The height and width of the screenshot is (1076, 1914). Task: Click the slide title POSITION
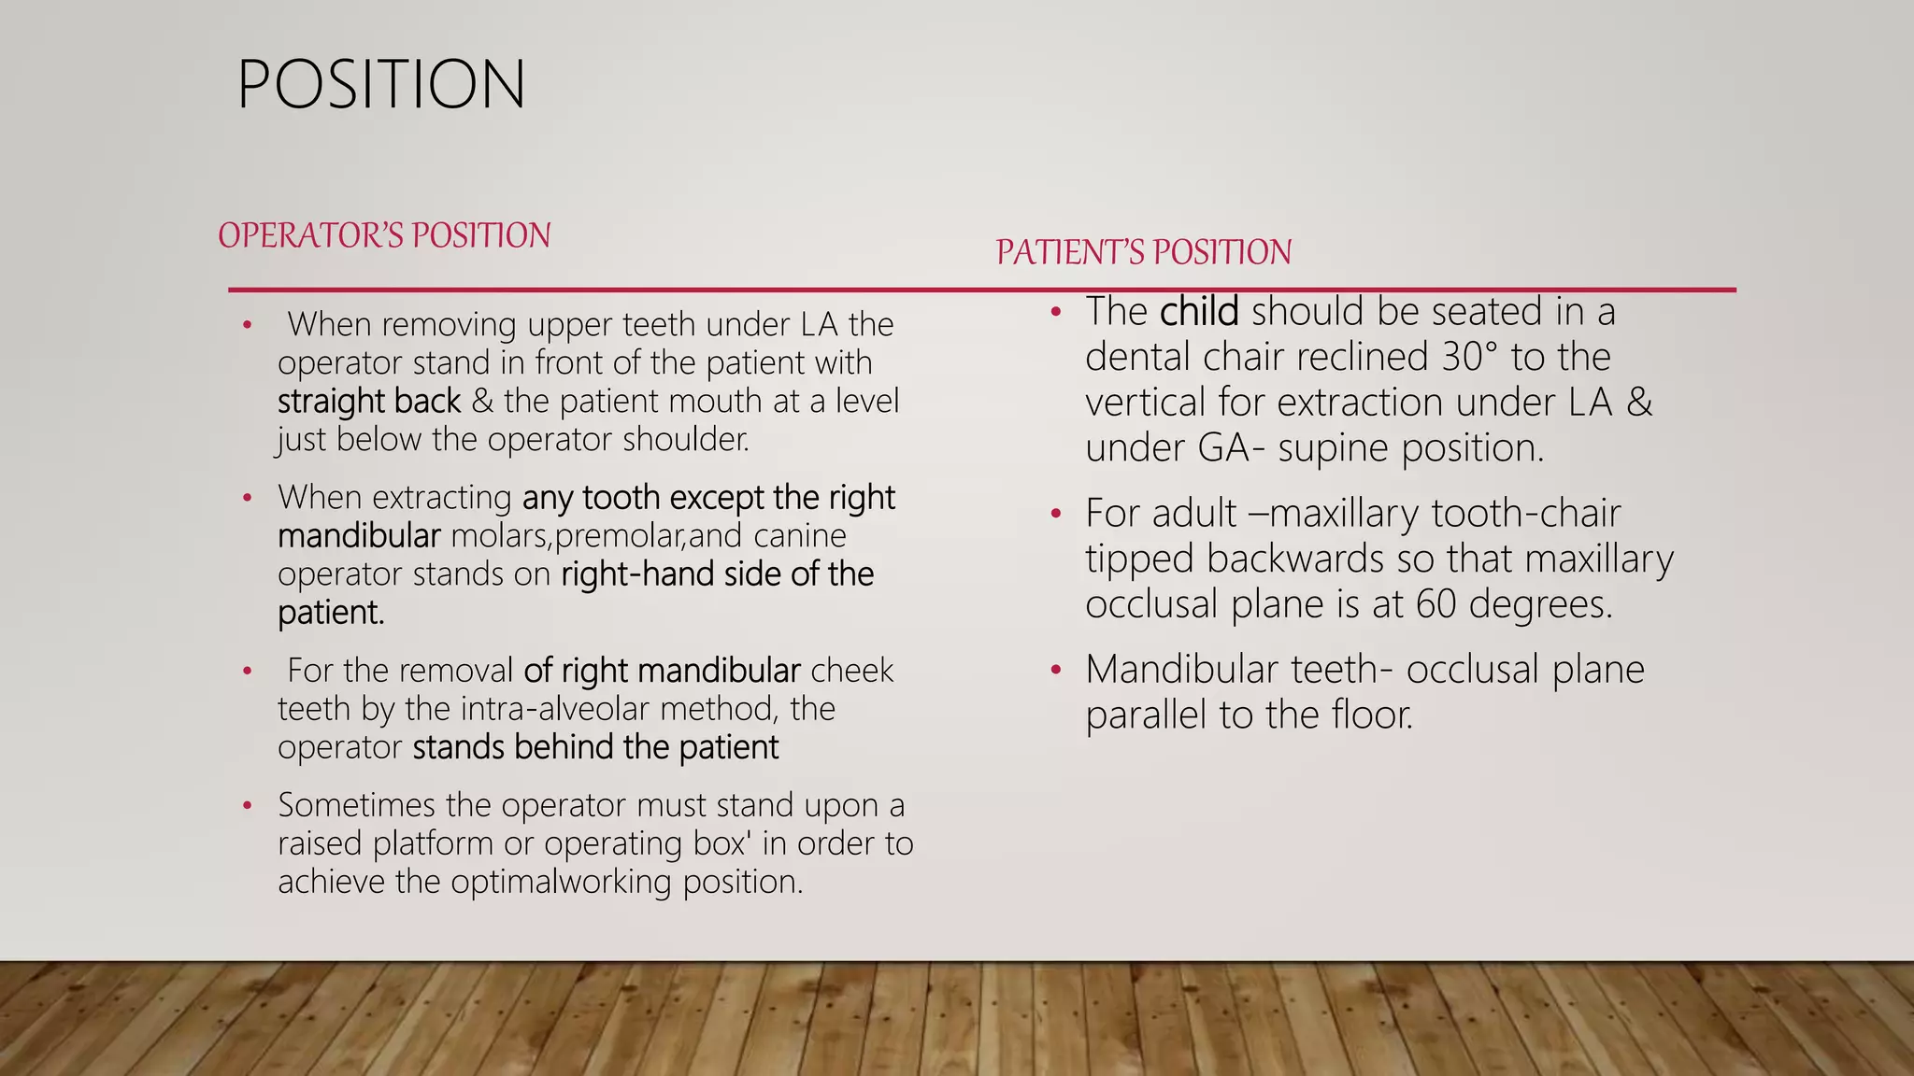(381, 85)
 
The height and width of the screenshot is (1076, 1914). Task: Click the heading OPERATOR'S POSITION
(384, 235)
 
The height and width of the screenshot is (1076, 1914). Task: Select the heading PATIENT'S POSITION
(1143, 252)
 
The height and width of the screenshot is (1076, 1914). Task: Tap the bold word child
(1199, 312)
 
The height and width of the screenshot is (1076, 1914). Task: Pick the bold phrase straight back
(369, 402)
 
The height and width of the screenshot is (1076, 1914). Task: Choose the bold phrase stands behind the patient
(595, 747)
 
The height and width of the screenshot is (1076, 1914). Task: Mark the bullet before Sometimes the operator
(247, 805)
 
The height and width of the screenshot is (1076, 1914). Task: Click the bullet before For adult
(1055, 514)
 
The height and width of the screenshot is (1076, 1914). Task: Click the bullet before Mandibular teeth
(1055, 670)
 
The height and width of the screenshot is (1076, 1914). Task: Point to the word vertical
(1146, 403)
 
